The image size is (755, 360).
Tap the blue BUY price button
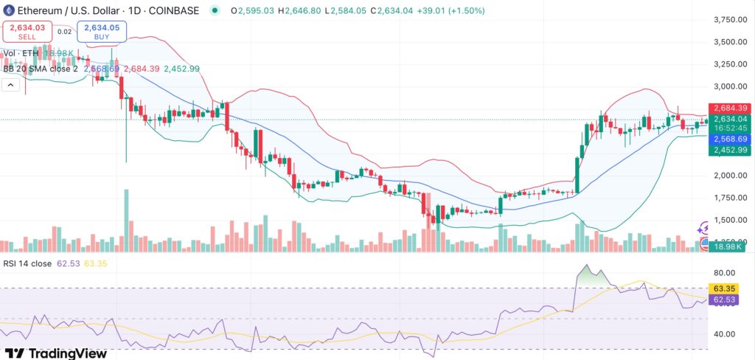pyautogui.click(x=105, y=31)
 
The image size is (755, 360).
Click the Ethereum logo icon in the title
pyautogui.click(x=10, y=10)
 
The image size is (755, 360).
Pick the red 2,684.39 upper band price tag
pyautogui.click(x=728, y=108)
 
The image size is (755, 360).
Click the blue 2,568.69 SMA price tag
pyautogui.click(x=728, y=139)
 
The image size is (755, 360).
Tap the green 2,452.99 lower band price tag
pyautogui.click(x=728, y=150)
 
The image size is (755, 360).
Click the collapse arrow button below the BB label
pyautogui.click(x=11, y=86)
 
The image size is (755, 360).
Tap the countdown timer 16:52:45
pyautogui.click(x=728, y=128)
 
